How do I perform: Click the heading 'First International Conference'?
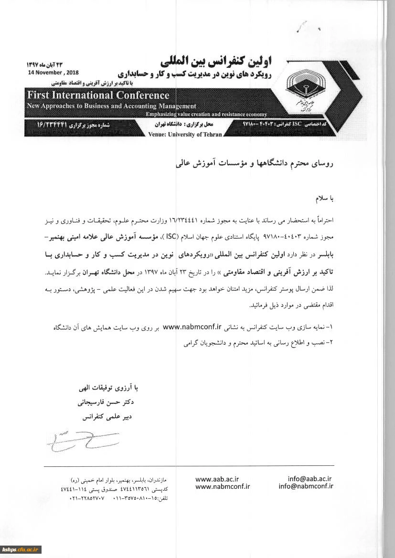pyautogui.click(x=98, y=95)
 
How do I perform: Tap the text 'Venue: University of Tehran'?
pyautogui.click(x=185, y=135)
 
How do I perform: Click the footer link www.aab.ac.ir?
pyautogui.click(x=217, y=479)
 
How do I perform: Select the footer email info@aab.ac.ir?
pyautogui.click(x=310, y=479)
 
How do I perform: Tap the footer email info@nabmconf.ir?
pyautogui.click(x=306, y=486)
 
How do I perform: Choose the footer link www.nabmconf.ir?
pyautogui.click(x=223, y=486)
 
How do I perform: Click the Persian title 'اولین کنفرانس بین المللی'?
pyautogui.click(x=222, y=61)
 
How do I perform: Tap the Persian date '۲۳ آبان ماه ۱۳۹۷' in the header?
pyautogui.click(x=44, y=64)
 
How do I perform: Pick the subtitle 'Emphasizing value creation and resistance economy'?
pyautogui.click(x=206, y=115)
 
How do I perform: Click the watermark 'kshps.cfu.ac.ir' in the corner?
pyautogui.click(x=21, y=549)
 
